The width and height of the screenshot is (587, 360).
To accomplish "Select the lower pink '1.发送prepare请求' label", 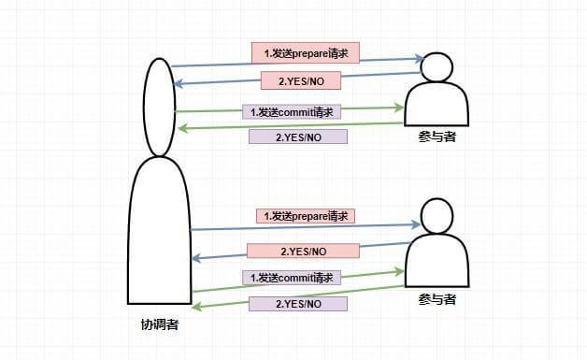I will [x=306, y=216].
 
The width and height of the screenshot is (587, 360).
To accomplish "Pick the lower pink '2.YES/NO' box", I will [x=303, y=251].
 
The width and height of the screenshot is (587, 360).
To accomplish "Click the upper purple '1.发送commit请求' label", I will [x=293, y=111].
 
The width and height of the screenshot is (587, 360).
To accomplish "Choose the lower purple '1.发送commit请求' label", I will [x=293, y=278].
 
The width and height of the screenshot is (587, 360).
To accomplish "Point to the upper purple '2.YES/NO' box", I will [x=298, y=137].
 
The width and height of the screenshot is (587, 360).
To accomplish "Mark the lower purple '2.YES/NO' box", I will [x=298, y=304].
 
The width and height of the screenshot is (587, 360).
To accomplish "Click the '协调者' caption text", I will [x=160, y=325].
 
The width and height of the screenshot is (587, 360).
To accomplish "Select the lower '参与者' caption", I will [x=437, y=299].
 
